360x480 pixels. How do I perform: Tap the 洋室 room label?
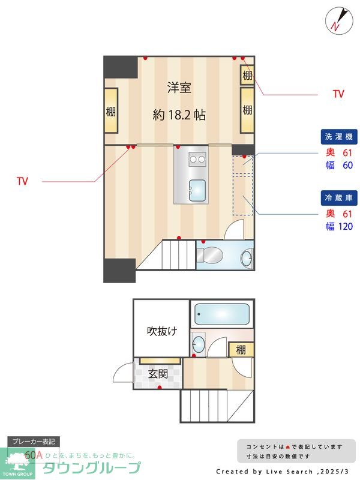click(179, 88)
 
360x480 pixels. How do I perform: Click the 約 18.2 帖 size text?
click(179, 115)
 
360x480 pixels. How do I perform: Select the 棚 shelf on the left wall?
click(111, 111)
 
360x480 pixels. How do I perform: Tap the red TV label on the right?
click(338, 94)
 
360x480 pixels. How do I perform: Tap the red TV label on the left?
click(22, 181)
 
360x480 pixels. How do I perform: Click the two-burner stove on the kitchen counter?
click(196, 159)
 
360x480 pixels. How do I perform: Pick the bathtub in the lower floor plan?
click(220, 314)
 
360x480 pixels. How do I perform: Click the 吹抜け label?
click(162, 331)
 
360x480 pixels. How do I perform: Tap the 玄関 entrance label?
click(158, 374)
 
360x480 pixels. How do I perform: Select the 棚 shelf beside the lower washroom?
click(241, 349)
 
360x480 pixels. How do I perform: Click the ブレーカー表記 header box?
click(34, 442)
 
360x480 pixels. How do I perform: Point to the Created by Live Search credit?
click(282, 472)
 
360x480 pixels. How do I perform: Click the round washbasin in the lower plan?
click(198, 344)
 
